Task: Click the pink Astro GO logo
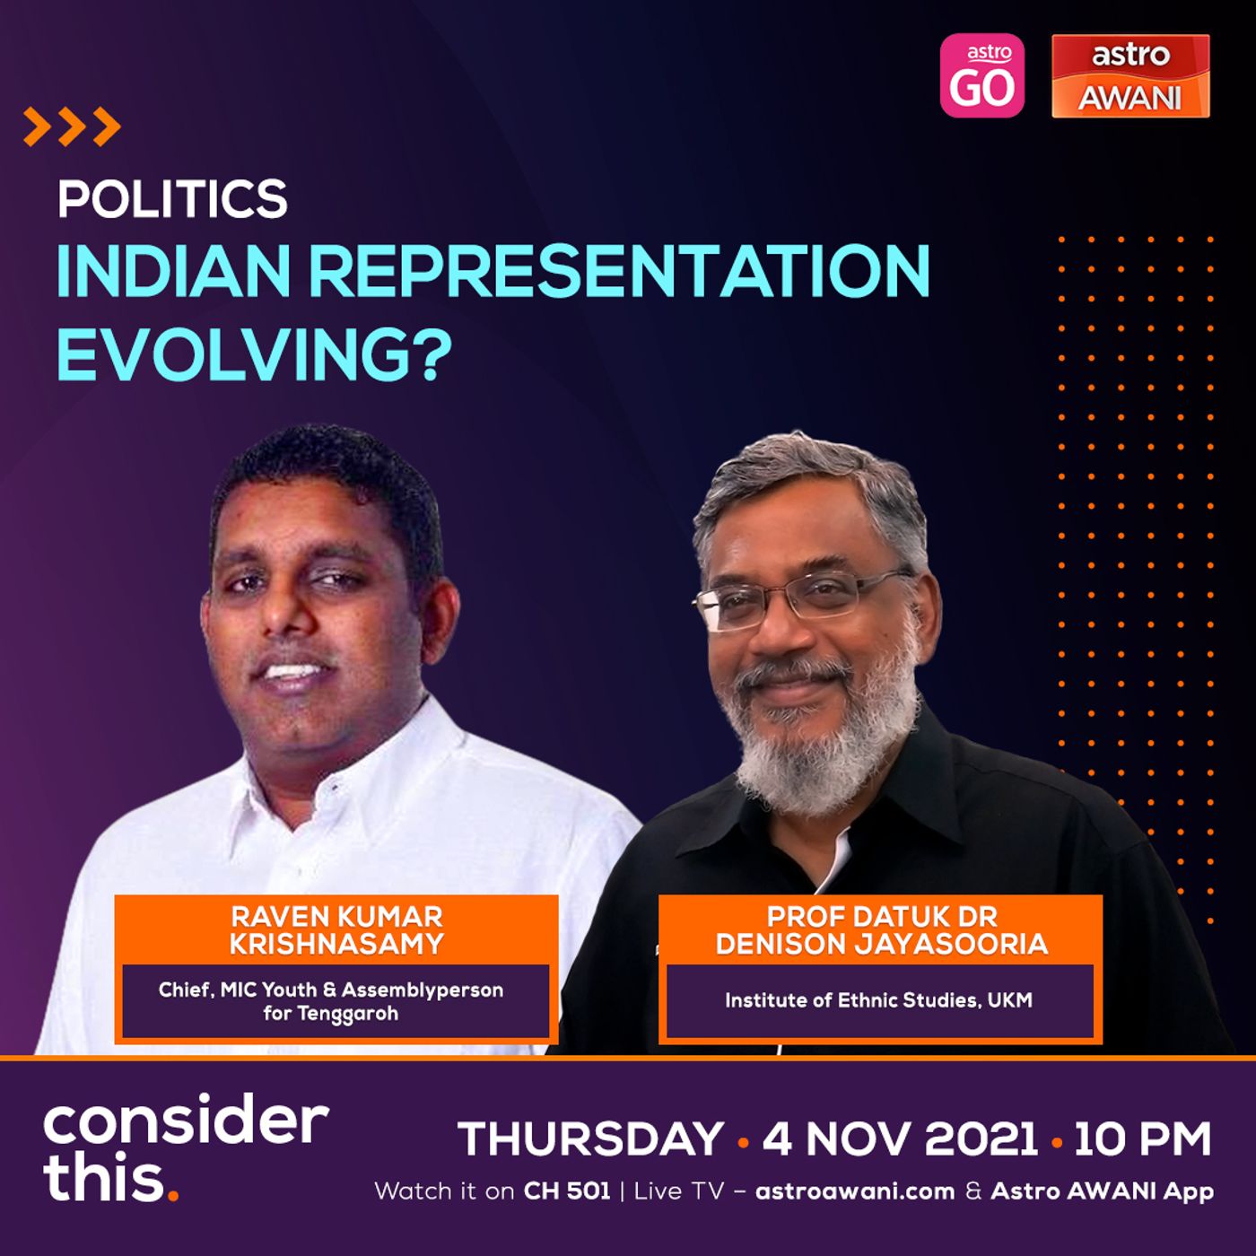tap(981, 75)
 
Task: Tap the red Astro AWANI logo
tap(1130, 75)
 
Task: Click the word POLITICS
tap(172, 199)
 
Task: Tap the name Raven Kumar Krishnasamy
tap(336, 930)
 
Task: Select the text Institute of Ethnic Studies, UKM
tap(878, 999)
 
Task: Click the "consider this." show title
tap(186, 1152)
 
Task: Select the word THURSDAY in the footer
tap(590, 1139)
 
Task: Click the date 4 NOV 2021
tap(900, 1139)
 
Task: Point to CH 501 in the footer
tap(567, 1191)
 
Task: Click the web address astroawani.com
tap(855, 1191)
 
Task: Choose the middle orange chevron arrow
tap(72, 126)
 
